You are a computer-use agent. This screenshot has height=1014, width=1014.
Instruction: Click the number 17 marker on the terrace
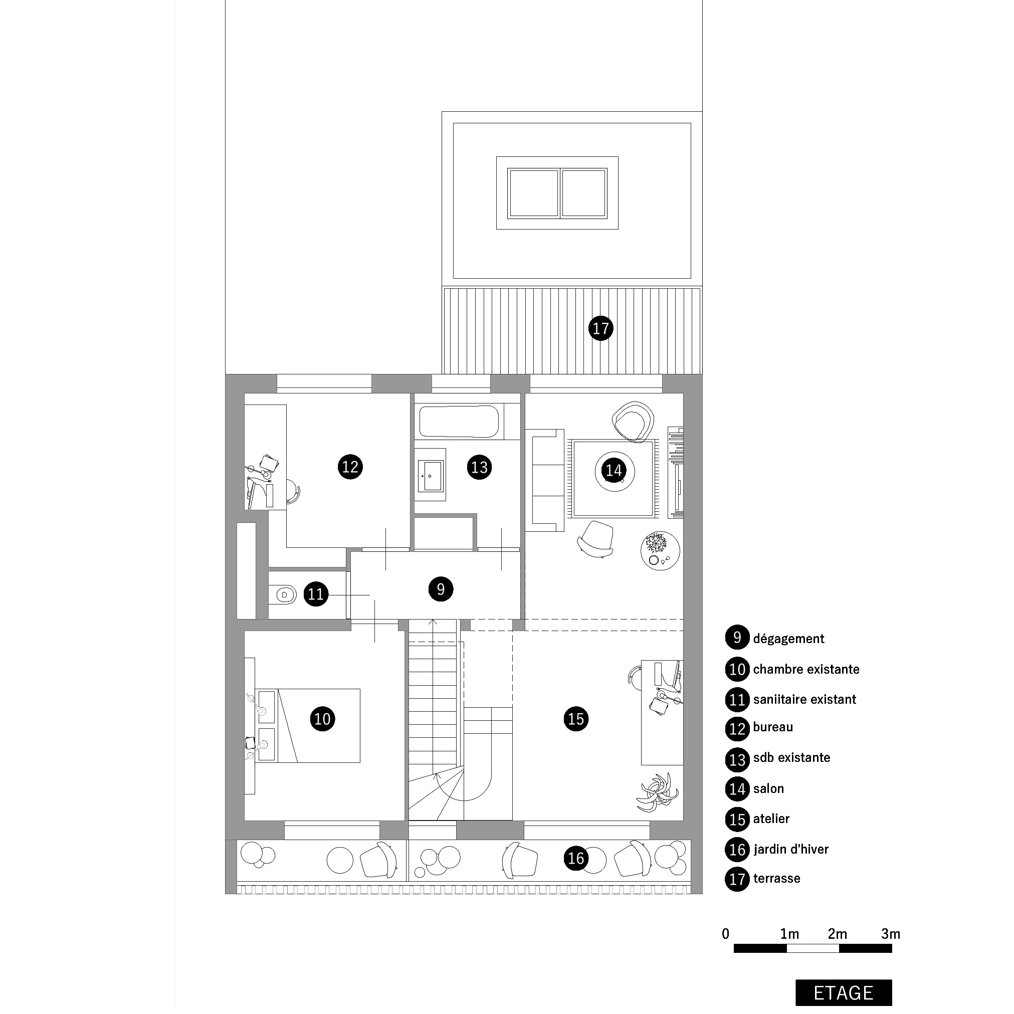(x=600, y=328)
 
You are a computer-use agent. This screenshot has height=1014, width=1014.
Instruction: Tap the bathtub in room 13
(x=459, y=421)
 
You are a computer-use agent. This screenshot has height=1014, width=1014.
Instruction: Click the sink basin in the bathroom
(x=430, y=476)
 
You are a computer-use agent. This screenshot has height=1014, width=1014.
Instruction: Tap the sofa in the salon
(x=545, y=480)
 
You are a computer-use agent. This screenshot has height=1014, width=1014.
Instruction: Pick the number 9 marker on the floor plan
(x=441, y=589)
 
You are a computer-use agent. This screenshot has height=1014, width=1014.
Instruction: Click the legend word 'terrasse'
(x=776, y=879)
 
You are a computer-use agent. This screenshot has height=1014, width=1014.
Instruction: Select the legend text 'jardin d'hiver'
(x=790, y=849)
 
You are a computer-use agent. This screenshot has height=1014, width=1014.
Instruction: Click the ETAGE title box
(x=844, y=992)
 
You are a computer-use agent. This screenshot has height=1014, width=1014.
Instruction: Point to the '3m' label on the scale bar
(x=891, y=934)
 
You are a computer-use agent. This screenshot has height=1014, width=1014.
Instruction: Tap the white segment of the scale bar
(x=813, y=948)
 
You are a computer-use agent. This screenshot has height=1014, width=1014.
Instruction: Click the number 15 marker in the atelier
(x=576, y=718)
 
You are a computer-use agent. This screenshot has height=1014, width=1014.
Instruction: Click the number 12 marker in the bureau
(x=350, y=467)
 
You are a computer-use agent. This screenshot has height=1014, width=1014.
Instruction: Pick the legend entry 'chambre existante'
(x=806, y=669)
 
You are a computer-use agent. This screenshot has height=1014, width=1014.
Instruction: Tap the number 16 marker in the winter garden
(x=576, y=858)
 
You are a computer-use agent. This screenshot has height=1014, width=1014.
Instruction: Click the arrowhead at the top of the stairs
(x=433, y=622)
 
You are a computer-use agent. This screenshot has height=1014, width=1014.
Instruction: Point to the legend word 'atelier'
(x=771, y=819)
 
